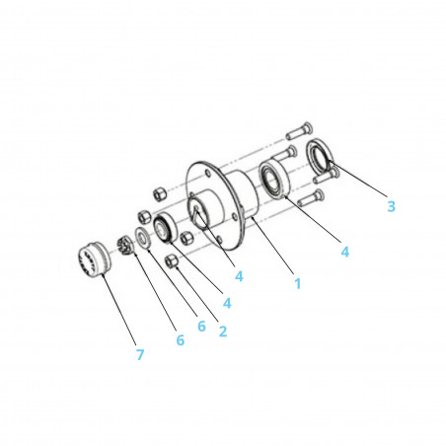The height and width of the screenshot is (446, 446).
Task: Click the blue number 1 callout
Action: [298, 283]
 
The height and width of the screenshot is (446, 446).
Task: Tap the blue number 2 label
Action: [223, 332]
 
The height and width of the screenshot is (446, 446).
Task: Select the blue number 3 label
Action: [391, 206]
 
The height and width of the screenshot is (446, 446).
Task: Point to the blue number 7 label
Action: [140, 355]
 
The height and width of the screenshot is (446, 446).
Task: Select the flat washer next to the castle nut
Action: [143, 238]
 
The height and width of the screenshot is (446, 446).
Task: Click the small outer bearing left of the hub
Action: [165, 228]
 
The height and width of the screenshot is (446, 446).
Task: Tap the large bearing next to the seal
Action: [273, 180]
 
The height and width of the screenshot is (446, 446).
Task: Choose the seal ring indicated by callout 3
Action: [320, 154]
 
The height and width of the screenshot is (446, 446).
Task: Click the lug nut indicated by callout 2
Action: [172, 260]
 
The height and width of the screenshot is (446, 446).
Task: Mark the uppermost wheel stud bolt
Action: [299, 130]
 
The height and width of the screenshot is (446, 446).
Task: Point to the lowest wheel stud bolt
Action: [311, 197]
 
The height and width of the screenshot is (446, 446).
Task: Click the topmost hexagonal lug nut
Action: [159, 193]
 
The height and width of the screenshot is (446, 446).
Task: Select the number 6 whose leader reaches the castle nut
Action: [181, 339]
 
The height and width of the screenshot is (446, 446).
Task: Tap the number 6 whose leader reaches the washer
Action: [201, 326]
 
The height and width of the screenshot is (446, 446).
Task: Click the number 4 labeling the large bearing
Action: [344, 252]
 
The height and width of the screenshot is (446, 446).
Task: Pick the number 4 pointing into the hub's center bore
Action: [239, 276]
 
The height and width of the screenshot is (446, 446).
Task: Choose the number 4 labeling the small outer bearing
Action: [227, 303]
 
